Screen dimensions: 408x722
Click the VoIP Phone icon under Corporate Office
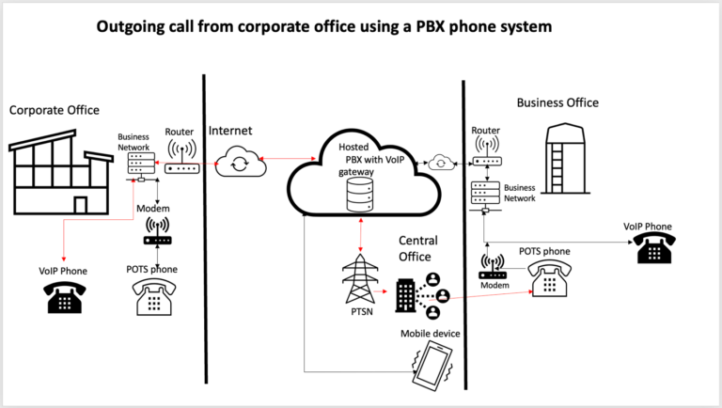(x=64, y=297)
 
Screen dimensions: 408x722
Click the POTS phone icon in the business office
(x=547, y=279)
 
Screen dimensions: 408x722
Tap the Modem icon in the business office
(x=494, y=267)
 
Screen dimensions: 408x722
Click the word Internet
(x=230, y=132)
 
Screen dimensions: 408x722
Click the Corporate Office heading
(x=54, y=110)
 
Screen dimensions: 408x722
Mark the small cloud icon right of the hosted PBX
(x=438, y=162)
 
